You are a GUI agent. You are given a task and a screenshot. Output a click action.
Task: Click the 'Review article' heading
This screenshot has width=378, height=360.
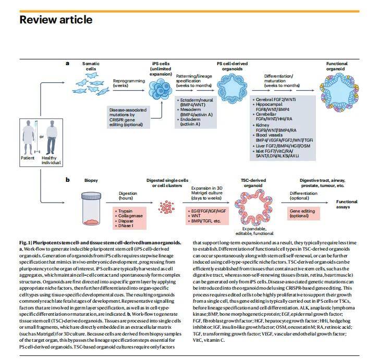pos(56,20)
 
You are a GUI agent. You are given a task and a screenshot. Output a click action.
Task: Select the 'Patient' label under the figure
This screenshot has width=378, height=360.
pos(28,157)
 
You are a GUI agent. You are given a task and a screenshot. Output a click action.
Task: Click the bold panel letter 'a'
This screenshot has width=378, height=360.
pos(67,63)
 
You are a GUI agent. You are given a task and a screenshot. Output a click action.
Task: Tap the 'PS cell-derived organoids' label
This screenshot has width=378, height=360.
pos(230,66)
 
